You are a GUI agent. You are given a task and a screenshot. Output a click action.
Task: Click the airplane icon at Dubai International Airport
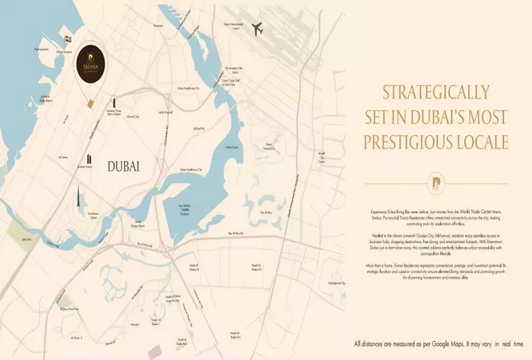click(257, 29)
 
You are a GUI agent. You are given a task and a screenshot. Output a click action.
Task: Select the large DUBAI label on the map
click(123, 166)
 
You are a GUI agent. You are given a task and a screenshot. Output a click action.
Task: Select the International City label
click(336, 283)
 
